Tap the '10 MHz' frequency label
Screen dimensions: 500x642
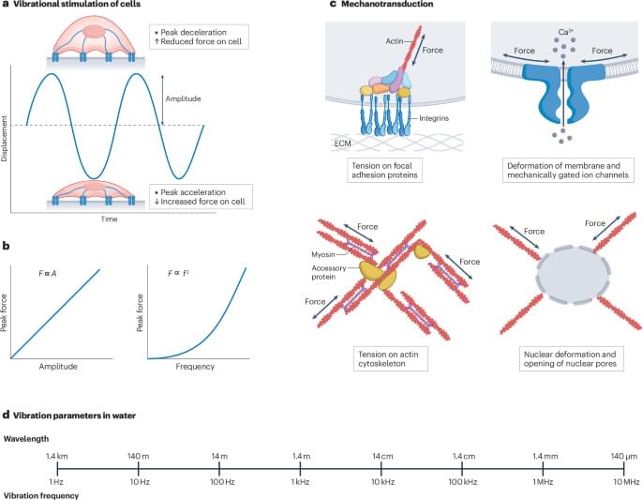pyautogui.click(x=626, y=482)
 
